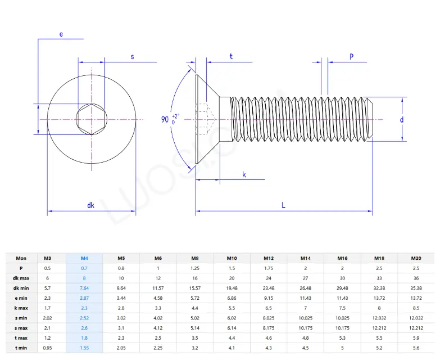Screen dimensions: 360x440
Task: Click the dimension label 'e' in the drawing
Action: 61,34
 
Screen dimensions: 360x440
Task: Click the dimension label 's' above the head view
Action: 133,56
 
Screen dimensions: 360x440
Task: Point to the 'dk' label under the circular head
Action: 91,205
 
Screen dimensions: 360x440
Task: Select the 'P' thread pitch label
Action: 351,56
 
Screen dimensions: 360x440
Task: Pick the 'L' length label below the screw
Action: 283,205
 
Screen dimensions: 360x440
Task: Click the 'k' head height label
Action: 244,174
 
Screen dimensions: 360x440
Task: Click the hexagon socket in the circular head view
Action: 92,119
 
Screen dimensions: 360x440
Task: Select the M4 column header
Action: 84,258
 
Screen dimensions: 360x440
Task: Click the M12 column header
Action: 269,258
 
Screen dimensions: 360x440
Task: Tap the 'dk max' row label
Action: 21,278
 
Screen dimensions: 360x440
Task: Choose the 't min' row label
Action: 21,348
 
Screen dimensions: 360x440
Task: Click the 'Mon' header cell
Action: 21,258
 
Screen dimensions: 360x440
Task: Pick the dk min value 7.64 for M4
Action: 84,288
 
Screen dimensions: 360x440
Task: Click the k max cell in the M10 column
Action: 232,308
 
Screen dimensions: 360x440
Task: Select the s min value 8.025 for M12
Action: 269,318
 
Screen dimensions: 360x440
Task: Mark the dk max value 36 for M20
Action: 416,278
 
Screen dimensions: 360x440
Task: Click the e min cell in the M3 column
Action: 48,298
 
